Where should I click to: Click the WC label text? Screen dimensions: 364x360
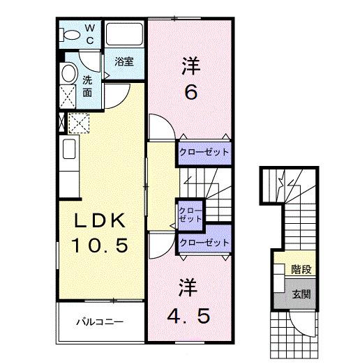(89, 34)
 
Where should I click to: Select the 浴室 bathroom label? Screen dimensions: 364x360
(125, 61)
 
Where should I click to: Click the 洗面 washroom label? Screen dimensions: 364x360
(88, 86)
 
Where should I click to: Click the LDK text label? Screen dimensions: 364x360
(100, 222)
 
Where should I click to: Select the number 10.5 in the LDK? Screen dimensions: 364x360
(100, 245)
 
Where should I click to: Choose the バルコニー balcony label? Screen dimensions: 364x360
(100, 322)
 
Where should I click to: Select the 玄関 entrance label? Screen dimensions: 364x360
(301, 294)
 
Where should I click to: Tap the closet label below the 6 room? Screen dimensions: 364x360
(204, 151)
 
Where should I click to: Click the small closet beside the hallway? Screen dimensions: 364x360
(189, 214)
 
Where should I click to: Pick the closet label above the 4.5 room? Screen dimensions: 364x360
(204, 243)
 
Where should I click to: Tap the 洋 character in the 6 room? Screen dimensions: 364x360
(190, 66)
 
